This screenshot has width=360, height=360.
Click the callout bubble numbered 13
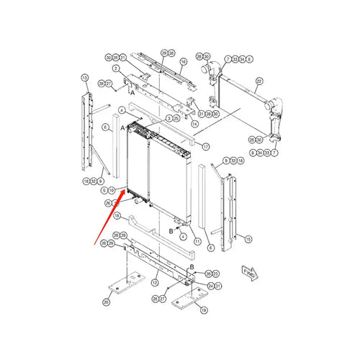84,77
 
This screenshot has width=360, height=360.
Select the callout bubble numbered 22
260,81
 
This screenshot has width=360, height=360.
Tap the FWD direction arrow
249,273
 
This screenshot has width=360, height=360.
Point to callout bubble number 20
107,302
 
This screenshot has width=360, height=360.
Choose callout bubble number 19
204,310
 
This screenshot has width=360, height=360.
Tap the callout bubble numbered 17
205,146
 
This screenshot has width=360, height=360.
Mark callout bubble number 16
183,63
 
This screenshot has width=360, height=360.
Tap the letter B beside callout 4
171,230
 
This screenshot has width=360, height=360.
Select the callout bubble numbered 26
109,203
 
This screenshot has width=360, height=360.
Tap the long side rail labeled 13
90,130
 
